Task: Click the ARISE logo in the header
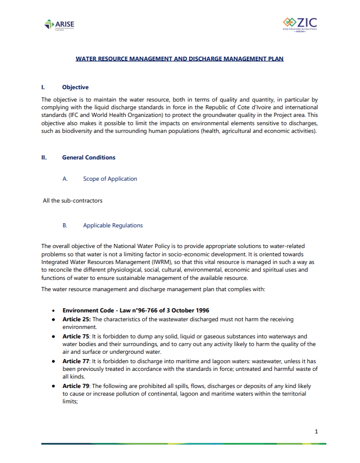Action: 60,24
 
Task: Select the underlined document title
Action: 180,59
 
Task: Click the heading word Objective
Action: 75,87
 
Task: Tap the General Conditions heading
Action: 89,158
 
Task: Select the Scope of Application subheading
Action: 110,179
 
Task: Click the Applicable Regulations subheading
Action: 113,226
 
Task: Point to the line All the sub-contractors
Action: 73,201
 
